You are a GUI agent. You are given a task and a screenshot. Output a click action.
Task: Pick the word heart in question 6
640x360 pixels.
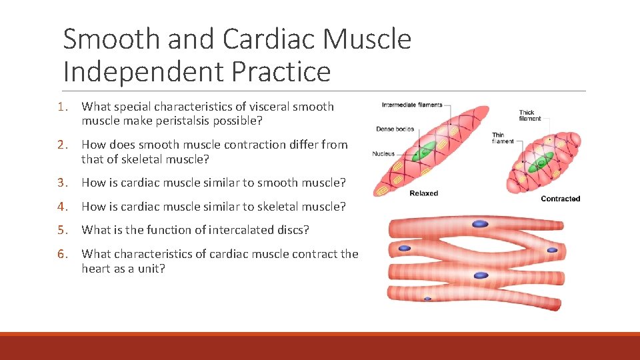[97, 268]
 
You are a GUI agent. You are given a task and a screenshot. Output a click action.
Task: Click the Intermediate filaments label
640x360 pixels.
[411, 105]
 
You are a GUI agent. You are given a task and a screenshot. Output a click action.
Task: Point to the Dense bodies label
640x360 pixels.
[395, 129]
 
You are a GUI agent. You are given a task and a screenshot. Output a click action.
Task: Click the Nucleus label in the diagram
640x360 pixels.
[383, 154]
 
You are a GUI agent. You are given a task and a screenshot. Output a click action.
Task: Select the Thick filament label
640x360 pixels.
[530, 115]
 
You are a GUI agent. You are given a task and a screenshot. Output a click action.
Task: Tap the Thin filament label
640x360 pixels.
[503, 138]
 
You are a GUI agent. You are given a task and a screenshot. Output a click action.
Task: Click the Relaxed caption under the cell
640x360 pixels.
[423, 193]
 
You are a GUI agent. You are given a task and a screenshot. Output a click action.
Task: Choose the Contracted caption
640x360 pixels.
[560, 199]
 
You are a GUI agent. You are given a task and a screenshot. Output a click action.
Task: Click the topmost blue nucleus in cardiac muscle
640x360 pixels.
[481, 224]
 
